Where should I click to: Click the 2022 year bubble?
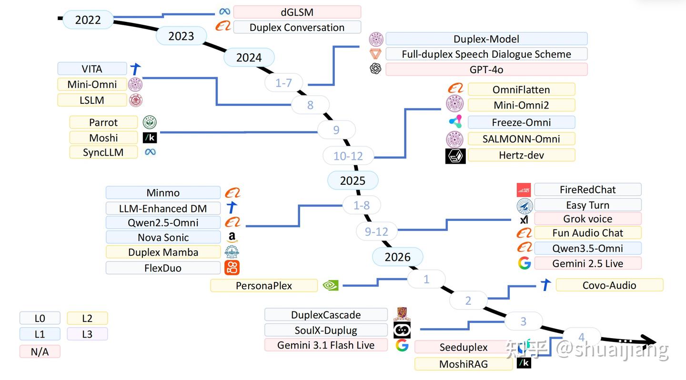pos(88,20)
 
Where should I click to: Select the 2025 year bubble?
pos(353,180)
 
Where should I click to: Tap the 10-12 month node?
pos(348,156)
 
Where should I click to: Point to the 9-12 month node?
pos(376,231)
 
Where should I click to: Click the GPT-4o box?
pos(486,70)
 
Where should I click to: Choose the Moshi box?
pos(103,138)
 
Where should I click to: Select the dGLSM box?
pos(297,12)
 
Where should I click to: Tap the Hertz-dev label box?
pos(521,155)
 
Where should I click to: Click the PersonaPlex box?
pos(264,286)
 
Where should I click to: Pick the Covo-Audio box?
pos(609,285)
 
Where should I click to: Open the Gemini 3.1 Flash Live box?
pos(326,345)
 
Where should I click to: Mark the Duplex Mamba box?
pos(163,252)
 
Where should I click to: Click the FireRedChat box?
pos(588,190)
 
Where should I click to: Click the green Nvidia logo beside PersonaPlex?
pos(331,285)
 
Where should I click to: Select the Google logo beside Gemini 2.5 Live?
pos(525,263)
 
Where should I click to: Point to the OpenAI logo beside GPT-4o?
pos(375,69)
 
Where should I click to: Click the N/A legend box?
pos(40,351)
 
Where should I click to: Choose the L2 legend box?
pos(87,318)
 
